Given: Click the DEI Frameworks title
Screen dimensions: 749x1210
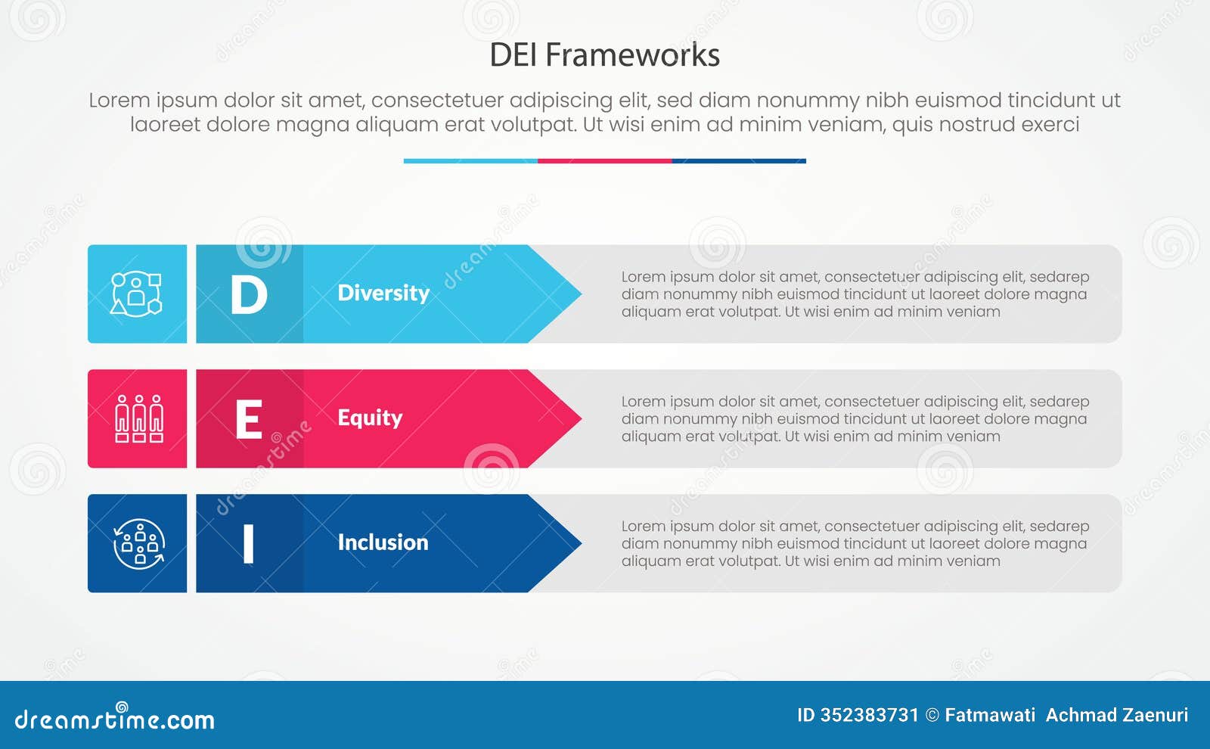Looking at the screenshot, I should pos(604,55).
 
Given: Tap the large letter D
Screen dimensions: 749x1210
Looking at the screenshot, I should pos(249,294).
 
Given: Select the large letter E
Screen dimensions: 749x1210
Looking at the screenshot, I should pos(249,419).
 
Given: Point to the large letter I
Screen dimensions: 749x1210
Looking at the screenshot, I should pos(248,544).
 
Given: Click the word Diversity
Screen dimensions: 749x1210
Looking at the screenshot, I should pos(383,293).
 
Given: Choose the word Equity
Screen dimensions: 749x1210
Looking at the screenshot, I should pos(370,418).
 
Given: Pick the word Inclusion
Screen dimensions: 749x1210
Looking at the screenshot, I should pos(383,542).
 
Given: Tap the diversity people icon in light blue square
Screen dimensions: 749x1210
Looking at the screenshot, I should pos(137,294).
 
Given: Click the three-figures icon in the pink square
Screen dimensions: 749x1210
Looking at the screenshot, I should pos(138,418).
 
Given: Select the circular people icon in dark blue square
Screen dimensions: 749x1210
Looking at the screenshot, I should pos(138,543).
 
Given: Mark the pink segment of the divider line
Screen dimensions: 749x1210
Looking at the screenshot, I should pos(604,161).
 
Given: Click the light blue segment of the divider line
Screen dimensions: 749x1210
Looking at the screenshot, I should pos(470,161).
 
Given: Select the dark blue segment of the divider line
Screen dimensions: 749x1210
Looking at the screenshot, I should pos(739,161).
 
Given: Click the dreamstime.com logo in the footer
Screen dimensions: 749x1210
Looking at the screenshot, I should pos(114,719).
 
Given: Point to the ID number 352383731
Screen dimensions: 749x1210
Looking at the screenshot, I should pos(870,715).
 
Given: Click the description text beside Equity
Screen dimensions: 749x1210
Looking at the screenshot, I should pos(855,418).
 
